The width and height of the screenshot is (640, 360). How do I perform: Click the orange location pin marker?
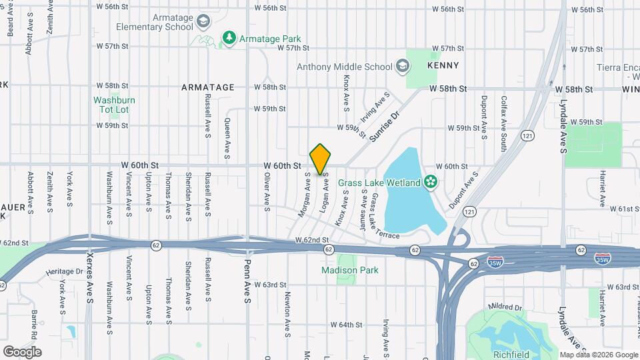point(321,159)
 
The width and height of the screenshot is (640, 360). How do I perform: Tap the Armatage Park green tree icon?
point(229,38)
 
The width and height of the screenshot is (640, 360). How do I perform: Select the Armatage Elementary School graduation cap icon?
point(203,23)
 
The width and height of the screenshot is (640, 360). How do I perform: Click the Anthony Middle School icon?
point(402,66)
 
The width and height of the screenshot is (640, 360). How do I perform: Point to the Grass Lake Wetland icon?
point(430,182)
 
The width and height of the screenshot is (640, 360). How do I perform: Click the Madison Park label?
point(349,270)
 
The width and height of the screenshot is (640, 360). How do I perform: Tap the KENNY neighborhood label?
point(443,65)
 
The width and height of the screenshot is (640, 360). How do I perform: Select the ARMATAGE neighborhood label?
point(208,87)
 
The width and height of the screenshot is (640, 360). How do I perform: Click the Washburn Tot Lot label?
point(114,105)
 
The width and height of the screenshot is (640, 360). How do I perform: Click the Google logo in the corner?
point(22,351)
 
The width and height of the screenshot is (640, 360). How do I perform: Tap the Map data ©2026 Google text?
point(598,355)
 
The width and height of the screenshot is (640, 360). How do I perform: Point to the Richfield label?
point(511,354)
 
